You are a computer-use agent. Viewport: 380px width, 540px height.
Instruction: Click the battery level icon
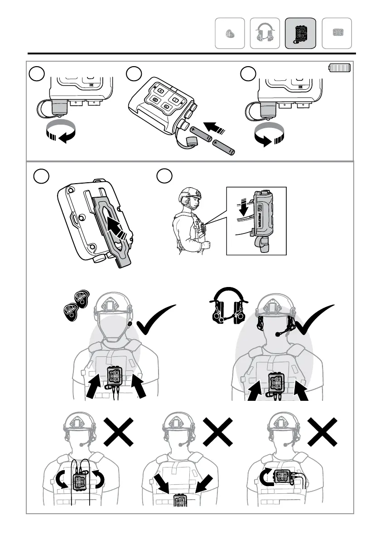340,68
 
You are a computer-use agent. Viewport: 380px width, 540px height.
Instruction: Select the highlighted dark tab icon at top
300,33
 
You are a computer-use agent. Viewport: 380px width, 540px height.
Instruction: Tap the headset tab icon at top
265,33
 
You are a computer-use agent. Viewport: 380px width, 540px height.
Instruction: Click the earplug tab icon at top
230,33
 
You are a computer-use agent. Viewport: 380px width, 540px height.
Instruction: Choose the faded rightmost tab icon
337,33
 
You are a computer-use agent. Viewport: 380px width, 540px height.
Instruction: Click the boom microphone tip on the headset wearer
277,334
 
